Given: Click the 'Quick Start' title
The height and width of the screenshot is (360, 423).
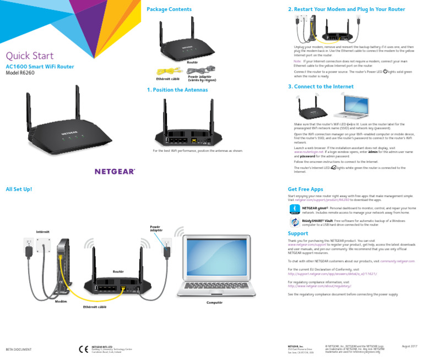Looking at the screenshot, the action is [29, 55].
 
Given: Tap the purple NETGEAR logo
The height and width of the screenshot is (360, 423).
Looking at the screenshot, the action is [115, 171].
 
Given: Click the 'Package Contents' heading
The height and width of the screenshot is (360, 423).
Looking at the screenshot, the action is [169, 9].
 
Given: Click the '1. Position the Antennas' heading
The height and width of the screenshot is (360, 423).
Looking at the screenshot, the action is [177, 90].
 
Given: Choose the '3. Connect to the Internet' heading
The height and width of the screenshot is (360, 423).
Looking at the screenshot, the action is [321, 86].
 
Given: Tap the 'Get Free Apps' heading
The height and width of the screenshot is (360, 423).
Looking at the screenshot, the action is [305, 189].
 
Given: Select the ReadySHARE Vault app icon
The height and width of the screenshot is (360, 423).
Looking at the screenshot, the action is [295, 222].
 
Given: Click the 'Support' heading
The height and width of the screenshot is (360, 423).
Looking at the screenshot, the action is [299, 233].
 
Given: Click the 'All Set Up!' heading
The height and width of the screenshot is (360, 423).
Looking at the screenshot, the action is [19, 189].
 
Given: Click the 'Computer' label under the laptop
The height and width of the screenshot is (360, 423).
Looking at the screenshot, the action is [214, 303].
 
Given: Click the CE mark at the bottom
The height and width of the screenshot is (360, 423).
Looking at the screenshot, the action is [83, 349].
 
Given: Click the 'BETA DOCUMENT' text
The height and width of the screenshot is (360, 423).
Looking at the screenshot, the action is [19, 350].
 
